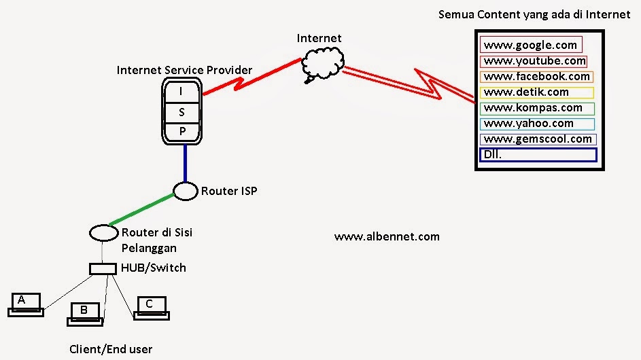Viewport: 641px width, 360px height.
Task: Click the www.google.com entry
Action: (x=531, y=46)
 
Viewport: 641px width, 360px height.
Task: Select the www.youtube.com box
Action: (x=534, y=61)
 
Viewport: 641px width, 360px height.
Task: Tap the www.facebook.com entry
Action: (x=536, y=77)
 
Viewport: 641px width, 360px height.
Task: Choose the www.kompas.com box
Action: (x=536, y=108)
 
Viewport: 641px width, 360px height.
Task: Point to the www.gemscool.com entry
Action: (x=538, y=139)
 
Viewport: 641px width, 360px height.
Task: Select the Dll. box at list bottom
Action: (x=538, y=155)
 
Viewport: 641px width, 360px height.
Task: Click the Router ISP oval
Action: (x=185, y=192)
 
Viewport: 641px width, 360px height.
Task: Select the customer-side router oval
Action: (x=103, y=233)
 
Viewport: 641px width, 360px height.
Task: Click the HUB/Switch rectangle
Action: (x=103, y=269)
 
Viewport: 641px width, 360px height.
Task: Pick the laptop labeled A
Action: (x=25, y=304)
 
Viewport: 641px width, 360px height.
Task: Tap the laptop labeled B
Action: (x=85, y=312)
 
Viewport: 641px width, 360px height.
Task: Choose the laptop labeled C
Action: (x=152, y=308)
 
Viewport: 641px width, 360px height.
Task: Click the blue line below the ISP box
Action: (x=184, y=163)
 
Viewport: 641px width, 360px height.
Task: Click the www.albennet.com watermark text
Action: (x=387, y=237)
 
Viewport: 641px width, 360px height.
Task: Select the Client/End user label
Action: (x=111, y=350)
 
